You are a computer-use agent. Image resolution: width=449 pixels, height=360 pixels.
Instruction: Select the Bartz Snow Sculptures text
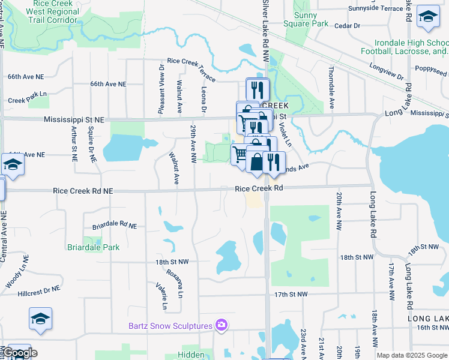click(171, 326)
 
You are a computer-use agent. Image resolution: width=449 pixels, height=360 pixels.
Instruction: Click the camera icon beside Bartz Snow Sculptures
click(221, 325)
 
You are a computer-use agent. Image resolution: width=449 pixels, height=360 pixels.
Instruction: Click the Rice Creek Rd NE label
click(83, 191)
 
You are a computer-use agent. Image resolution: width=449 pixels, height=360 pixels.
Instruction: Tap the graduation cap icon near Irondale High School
click(428, 17)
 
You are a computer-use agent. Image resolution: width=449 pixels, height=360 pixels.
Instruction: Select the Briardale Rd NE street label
click(115, 226)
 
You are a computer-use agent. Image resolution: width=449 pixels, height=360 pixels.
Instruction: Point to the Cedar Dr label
click(347, 26)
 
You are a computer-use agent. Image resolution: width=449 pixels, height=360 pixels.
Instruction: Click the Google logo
click(20, 353)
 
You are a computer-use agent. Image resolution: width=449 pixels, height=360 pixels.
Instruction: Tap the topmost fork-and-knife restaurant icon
click(258, 90)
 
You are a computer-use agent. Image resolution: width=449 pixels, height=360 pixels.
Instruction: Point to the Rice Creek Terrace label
click(191, 65)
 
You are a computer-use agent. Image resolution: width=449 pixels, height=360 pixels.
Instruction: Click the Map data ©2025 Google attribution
click(412, 355)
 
